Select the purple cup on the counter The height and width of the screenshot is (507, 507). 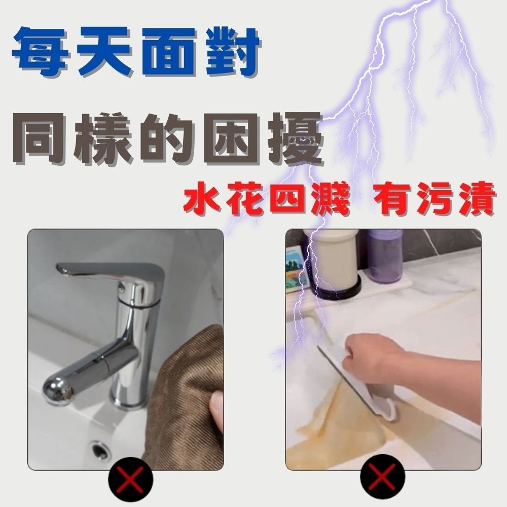pos(385,256)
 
